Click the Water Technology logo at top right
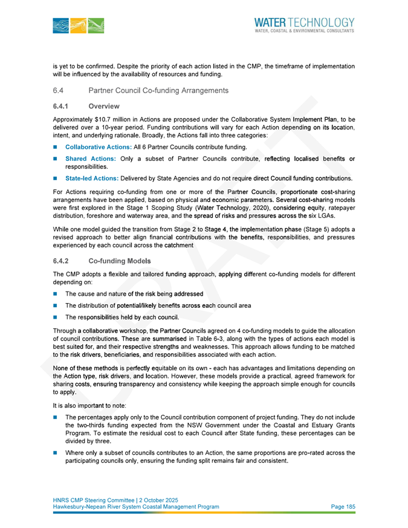[304, 24]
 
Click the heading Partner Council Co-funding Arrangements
[158, 91]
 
